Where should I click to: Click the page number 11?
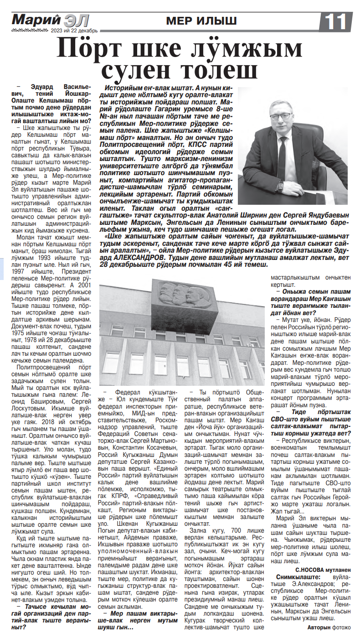(337, 21)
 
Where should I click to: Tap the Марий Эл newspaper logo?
(50, 21)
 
